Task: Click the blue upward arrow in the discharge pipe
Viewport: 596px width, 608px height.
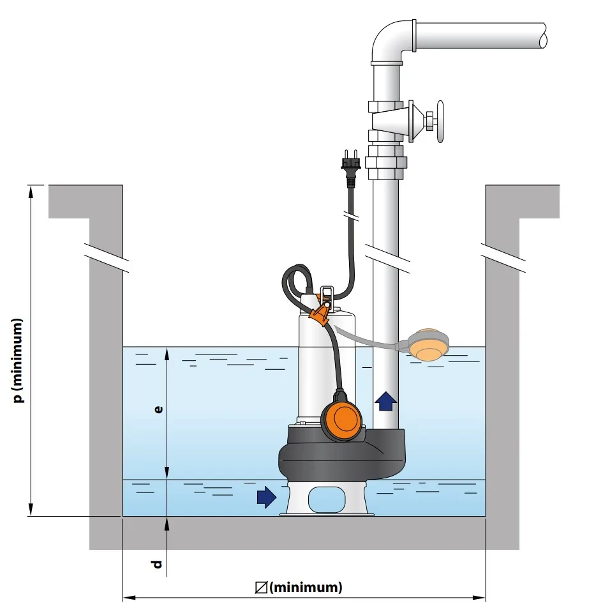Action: pos(386,401)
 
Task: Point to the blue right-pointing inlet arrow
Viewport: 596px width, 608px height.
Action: pos(267,497)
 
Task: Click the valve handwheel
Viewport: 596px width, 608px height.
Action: pos(440,122)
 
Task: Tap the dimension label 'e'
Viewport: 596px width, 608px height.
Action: pos(158,409)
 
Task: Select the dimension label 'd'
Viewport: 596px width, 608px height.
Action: pos(157,563)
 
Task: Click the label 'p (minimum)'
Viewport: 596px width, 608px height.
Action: pos(18,361)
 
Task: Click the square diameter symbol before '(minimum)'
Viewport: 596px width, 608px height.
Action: pos(261,588)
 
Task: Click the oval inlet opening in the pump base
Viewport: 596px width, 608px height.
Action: pos(327,499)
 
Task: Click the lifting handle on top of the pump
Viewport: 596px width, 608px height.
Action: pos(327,293)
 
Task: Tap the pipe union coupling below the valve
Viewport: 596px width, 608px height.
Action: pos(386,162)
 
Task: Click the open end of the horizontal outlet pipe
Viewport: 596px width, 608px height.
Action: pos(543,35)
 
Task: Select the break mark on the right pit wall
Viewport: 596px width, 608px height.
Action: pos(503,258)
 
